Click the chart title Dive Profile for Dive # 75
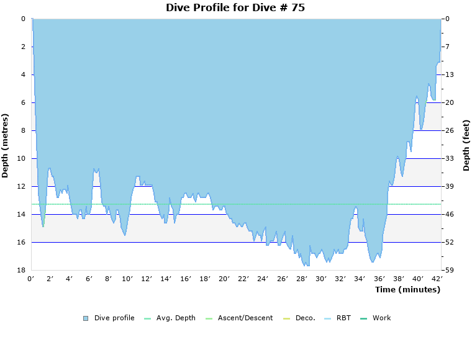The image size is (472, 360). (235, 7)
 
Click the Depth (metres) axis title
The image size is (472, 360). (6, 145)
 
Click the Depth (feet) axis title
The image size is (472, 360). (466, 145)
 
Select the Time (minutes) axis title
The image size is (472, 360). (407, 289)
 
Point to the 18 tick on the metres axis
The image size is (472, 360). (24, 270)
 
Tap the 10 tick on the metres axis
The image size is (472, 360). (24, 158)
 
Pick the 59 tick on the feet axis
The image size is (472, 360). (449, 270)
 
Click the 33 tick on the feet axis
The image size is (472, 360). (449, 158)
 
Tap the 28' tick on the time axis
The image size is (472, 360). (301, 279)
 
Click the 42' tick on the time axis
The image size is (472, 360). (437, 279)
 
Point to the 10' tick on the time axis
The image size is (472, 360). (127, 279)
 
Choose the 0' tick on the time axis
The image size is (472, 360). (31, 279)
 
